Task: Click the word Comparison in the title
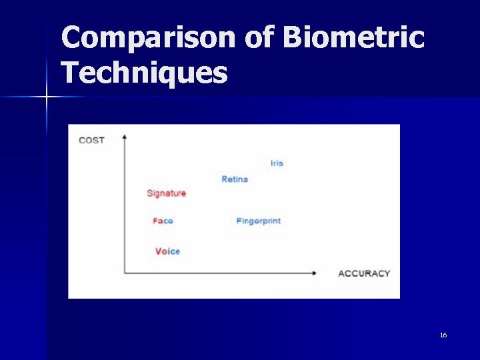click(148, 38)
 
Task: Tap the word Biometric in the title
click(353, 38)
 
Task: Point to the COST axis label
click(91, 140)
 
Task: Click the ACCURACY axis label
click(364, 273)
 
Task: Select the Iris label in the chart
click(277, 163)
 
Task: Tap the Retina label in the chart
click(235, 179)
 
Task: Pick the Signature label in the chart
click(166, 193)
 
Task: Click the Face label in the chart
click(163, 221)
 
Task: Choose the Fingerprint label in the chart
click(258, 221)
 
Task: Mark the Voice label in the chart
click(167, 251)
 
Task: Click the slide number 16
click(443, 335)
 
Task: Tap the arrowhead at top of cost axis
click(125, 137)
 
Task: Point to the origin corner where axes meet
click(125, 273)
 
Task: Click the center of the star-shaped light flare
click(47, 97)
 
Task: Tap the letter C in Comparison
click(73, 38)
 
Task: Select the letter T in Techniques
click(70, 72)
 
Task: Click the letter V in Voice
click(159, 251)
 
